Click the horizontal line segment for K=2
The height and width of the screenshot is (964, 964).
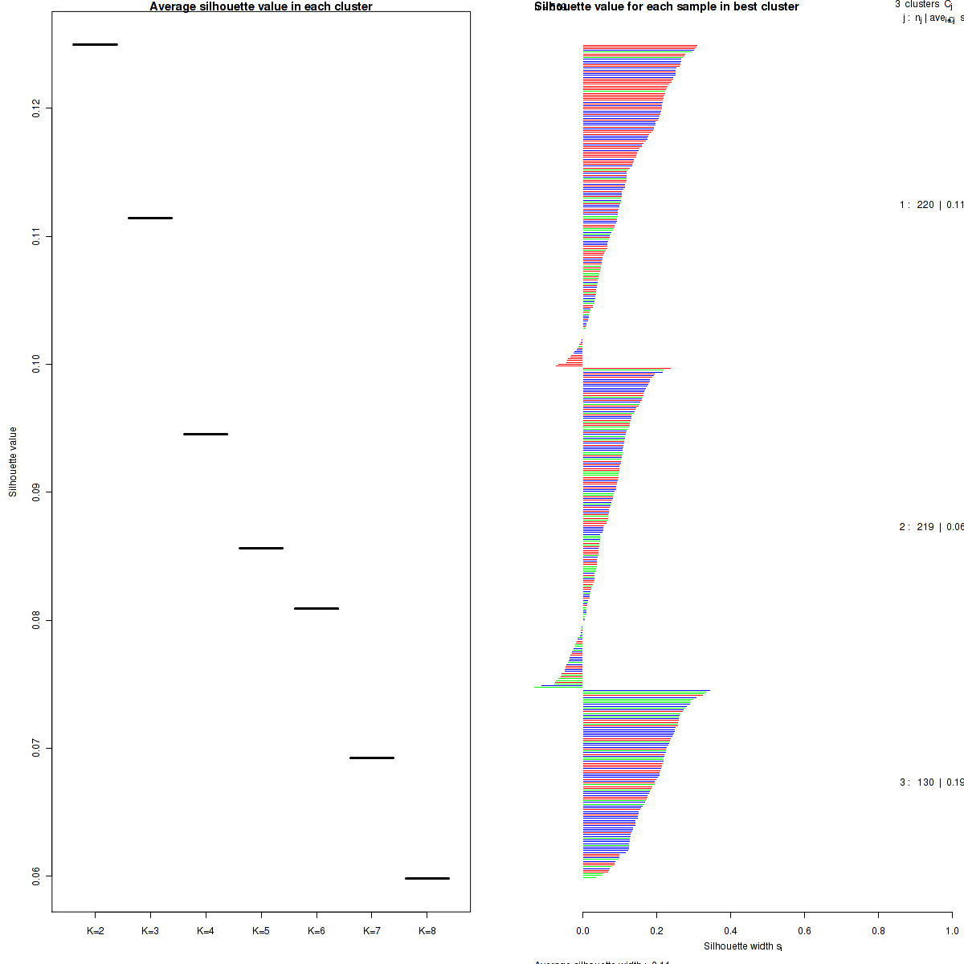tap(95, 44)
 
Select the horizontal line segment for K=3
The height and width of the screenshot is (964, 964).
tap(150, 218)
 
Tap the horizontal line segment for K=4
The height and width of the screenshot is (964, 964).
tap(206, 434)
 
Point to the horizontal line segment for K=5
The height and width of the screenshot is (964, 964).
tap(261, 548)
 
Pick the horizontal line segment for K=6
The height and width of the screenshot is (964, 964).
tap(317, 608)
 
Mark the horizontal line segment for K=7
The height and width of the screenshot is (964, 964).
tap(372, 758)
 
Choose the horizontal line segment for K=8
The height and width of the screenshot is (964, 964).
tap(427, 878)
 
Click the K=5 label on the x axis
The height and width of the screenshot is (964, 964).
tap(261, 931)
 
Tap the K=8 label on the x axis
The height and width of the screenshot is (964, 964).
tap(427, 931)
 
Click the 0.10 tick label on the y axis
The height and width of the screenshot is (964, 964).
tap(37, 364)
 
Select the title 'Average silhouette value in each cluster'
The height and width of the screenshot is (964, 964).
tap(261, 6)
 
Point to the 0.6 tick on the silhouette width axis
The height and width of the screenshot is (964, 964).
tap(804, 913)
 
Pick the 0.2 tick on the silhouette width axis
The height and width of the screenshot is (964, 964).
tap(656, 913)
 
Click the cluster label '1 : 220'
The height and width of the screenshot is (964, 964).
tap(917, 205)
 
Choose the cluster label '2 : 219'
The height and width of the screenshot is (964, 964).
tap(917, 527)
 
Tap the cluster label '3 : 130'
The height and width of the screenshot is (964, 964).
tap(917, 782)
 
